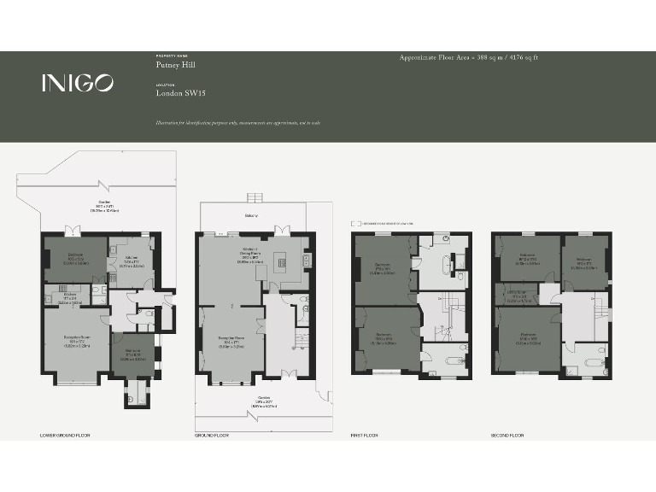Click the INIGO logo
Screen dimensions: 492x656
pyautogui.click(x=78, y=83)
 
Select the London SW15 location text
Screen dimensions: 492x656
pyautogui.click(x=181, y=94)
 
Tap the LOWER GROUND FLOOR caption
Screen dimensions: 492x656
pyautogui.click(x=65, y=436)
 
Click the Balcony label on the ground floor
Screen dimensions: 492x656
pyautogui.click(x=251, y=216)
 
